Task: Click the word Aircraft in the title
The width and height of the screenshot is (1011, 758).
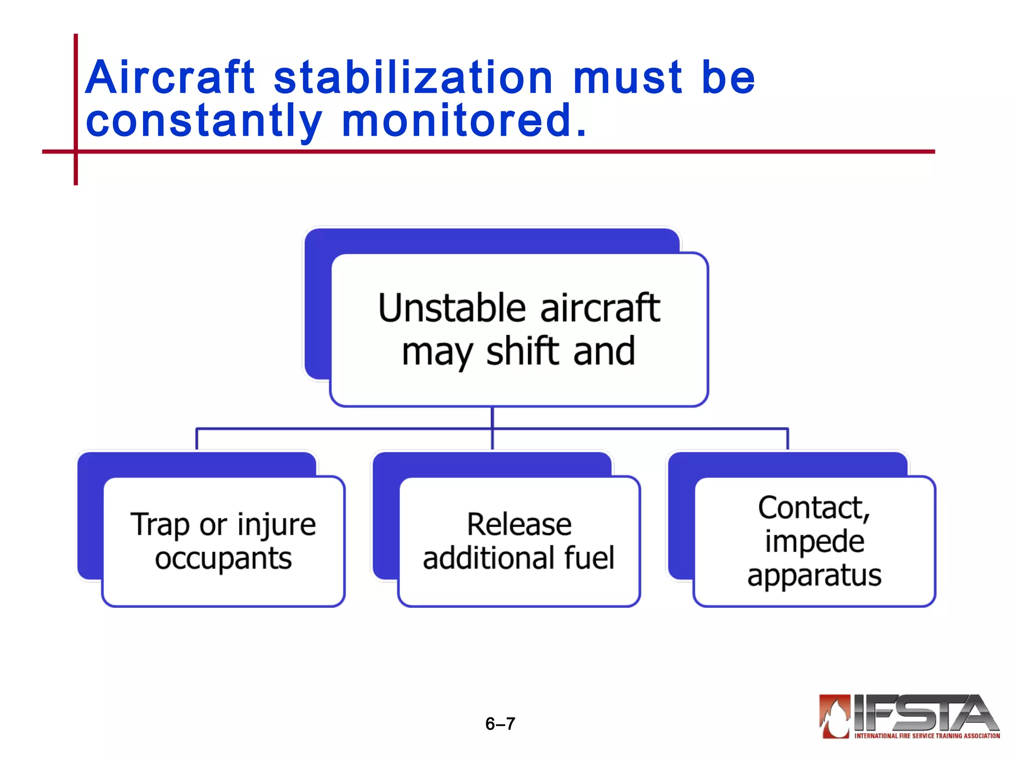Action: click(x=170, y=77)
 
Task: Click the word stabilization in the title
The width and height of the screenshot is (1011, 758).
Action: click(x=413, y=77)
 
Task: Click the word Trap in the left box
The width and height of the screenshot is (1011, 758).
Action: click(x=159, y=525)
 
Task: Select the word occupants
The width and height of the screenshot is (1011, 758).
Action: click(x=223, y=559)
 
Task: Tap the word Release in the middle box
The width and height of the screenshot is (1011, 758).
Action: click(x=519, y=524)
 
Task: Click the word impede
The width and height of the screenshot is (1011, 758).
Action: click(x=815, y=542)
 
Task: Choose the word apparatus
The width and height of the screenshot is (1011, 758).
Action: click(x=814, y=576)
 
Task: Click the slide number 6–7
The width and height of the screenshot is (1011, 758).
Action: click(x=500, y=724)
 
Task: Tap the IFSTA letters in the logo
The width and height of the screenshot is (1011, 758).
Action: click(x=923, y=713)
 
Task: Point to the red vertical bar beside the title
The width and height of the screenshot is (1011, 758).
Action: click(x=76, y=109)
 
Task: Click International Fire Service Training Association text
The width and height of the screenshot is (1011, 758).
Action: click(x=927, y=736)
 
